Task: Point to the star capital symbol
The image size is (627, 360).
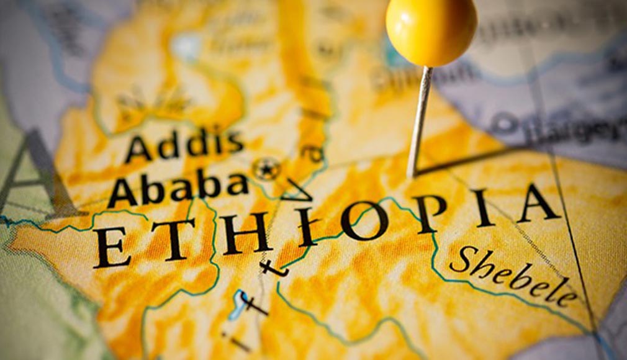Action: point(267,168)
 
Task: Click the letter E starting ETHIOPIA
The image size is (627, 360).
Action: point(112,248)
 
